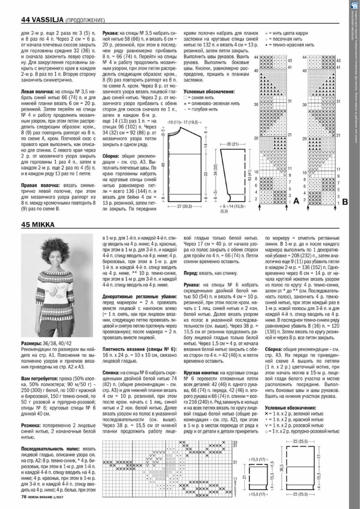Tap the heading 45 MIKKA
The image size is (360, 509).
click(38, 225)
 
